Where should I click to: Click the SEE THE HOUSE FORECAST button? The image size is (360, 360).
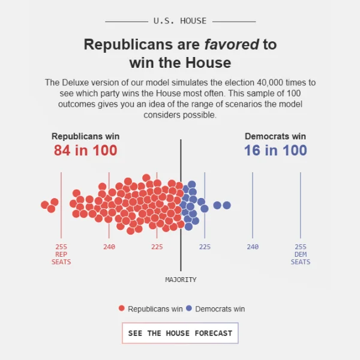[x=180, y=333]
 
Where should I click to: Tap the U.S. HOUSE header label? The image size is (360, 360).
[x=180, y=21]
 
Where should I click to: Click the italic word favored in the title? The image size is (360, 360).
[x=232, y=44]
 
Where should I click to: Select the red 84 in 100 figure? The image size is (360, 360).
[x=86, y=151]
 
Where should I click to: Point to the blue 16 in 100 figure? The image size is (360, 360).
[x=275, y=151]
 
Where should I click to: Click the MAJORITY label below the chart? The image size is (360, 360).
[x=181, y=280]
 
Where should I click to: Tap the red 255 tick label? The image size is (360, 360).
[x=61, y=247]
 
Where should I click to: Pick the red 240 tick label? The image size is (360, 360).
[x=109, y=247]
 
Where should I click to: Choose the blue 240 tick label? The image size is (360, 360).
[x=253, y=247]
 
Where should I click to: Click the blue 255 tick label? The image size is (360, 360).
[x=301, y=247]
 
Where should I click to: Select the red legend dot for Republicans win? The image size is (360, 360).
[x=122, y=308]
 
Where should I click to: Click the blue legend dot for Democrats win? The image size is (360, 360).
[x=189, y=308]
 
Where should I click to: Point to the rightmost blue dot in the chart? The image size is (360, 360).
[x=227, y=205]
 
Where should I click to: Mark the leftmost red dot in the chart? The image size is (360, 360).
[x=45, y=205]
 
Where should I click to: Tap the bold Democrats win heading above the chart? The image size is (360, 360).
[x=275, y=136]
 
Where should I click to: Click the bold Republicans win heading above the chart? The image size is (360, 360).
[x=85, y=136]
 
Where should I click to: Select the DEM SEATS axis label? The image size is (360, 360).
[x=301, y=258]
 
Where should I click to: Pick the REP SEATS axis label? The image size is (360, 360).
[x=61, y=258]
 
